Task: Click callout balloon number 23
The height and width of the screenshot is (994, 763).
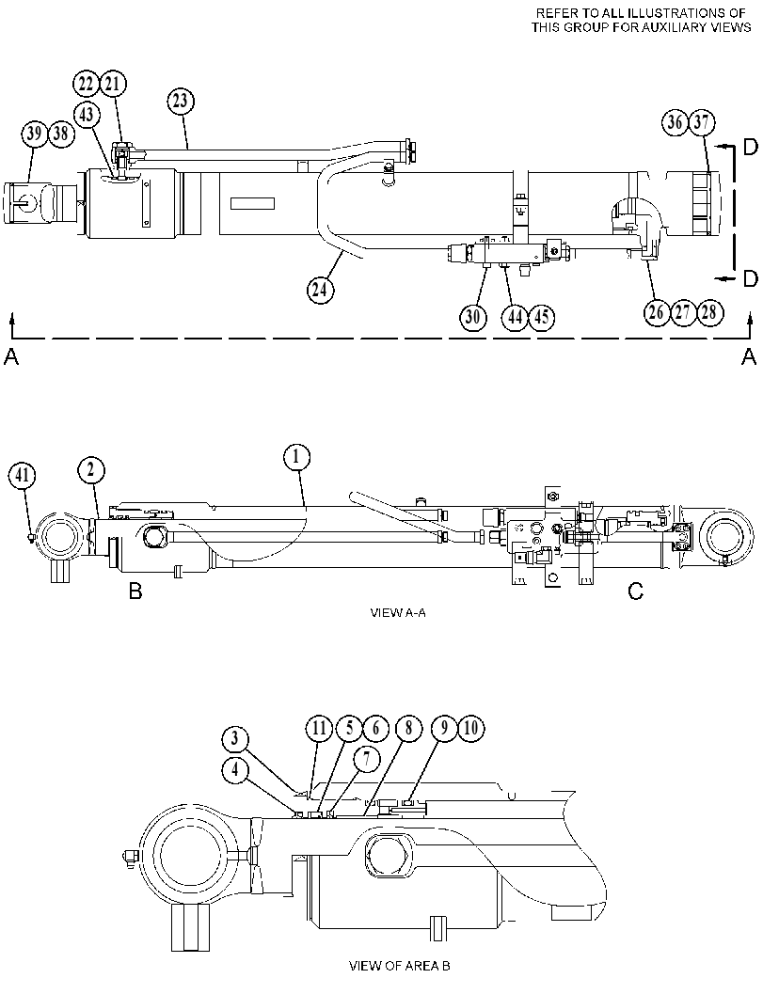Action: (x=182, y=102)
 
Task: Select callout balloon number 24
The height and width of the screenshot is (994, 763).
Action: (x=320, y=290)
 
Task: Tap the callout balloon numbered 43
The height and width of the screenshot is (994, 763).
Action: (x=87, y=115)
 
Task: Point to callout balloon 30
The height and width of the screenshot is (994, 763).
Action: (x=473, y=316)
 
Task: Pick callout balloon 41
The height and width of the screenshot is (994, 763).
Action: (x=23, y=476)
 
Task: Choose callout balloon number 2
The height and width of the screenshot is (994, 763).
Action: (x=91, y=470)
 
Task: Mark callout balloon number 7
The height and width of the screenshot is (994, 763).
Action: (x=367, y=761)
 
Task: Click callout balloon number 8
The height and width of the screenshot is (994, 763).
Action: (x=407, y=729)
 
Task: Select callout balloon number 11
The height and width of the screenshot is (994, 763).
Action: (x=319, y=729)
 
